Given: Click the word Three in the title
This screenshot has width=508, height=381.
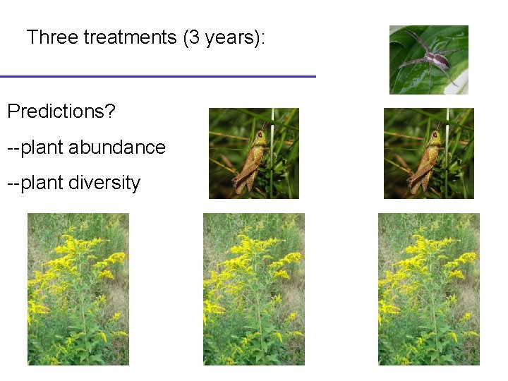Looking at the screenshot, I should tap(52, 37).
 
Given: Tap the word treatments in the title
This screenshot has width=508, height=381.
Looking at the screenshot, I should tap(130, 37).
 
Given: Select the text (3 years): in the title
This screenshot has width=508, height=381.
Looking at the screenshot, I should tap(224, 37).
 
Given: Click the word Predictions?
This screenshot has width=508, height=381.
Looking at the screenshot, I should tap(61, 111).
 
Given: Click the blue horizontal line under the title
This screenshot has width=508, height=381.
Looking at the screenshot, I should tap(157, 76).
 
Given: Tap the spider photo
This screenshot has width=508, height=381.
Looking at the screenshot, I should tap(429, 60).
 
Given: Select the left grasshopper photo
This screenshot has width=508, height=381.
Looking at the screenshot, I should tap(254, 153).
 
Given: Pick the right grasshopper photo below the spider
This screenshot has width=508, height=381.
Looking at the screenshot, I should tap(428, 153).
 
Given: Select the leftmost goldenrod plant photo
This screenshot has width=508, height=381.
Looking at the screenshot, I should tap(78, 289).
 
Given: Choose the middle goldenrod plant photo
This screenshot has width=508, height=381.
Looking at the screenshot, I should tap(254, 289).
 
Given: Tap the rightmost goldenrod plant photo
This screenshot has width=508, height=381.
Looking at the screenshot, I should tap(428, 289).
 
